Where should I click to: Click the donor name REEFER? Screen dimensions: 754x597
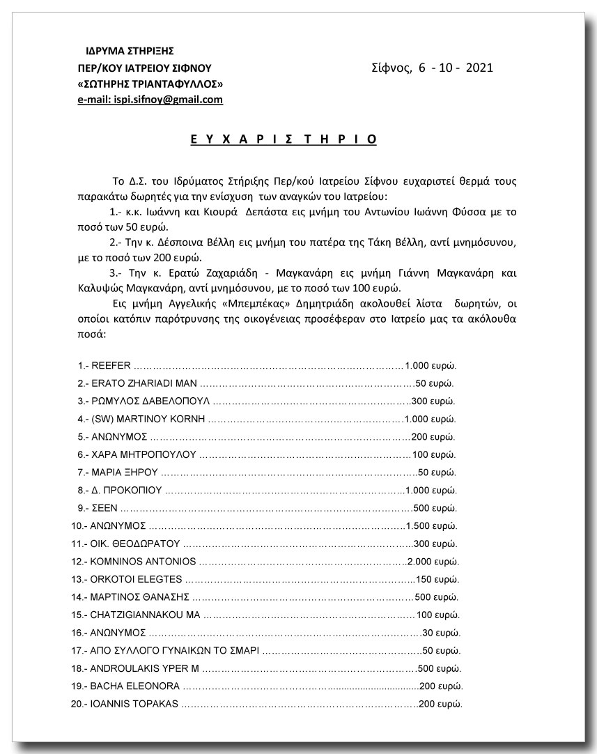click(x=111, y=365)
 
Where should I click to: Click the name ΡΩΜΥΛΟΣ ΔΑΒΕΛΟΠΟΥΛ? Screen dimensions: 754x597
click(x=150, y=401)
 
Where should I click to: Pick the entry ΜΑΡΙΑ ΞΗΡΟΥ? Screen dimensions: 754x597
click(x=119, y=472)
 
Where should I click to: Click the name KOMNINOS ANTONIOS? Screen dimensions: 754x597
click(x=143, y=561)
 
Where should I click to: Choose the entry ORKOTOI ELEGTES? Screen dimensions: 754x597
click(x=136, y=579)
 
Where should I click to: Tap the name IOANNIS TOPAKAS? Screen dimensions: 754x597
click(x=134, y=704)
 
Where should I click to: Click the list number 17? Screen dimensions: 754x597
click(x=77, y=650)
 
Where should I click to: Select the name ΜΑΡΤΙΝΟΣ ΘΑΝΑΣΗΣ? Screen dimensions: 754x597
click(x=140, y=597)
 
